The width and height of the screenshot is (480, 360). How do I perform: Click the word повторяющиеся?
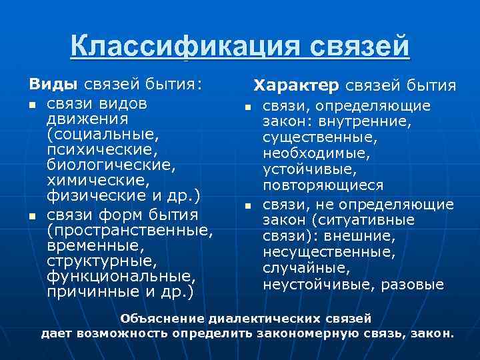(x=323, y=185)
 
